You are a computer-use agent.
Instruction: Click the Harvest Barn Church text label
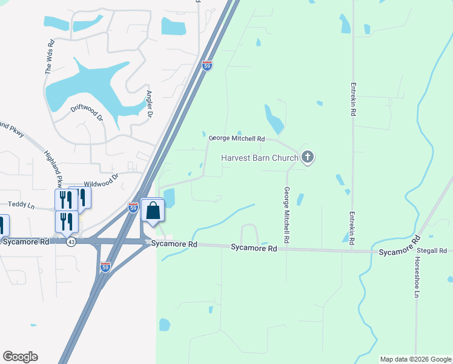tap(259, 158)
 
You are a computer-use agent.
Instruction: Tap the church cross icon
tap(308, 158)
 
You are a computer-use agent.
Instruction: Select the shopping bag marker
tap(153, 211)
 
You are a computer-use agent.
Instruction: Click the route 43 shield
tap(71, 241)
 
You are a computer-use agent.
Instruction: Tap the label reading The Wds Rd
tap(50, 57)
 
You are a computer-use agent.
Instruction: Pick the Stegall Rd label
tap(434, 251)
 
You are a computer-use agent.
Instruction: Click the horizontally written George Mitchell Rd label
tap(237, 138)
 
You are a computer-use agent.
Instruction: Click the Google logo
tap(20, 356)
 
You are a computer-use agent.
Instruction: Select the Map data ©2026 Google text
tap(415, 359)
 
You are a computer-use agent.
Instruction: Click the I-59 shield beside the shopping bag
tap(133, 208)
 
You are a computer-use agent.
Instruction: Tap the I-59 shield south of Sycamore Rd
tap(105, 268)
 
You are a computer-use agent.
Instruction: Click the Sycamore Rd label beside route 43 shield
tap(25, 241)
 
